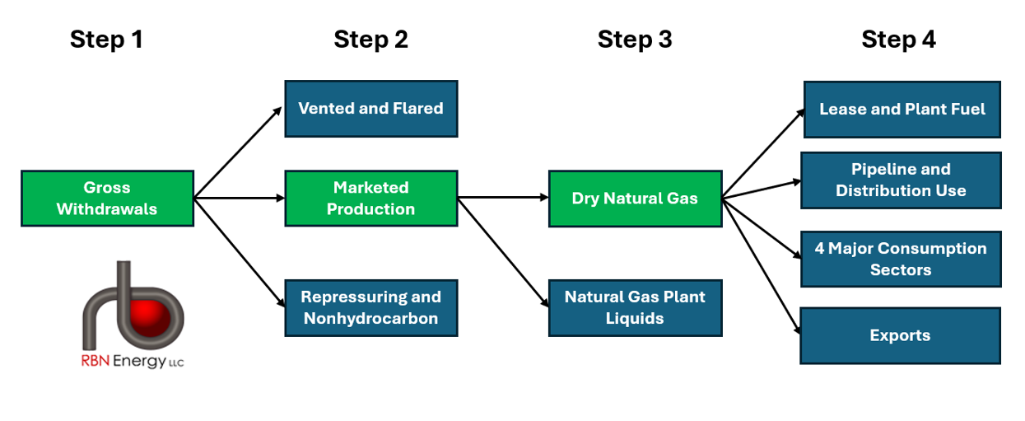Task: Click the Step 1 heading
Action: tap(107, 40)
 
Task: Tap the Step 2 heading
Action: tap(370, 40)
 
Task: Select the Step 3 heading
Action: tap(635, 40)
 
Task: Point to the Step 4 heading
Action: tap(899, 40)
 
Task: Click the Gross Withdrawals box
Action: tap(108, 199)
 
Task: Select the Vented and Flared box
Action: tap(371, 109)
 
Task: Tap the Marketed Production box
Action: tap(371, 199)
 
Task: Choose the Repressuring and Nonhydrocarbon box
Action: tap(371, 308)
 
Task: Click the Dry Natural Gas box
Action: tap(635, 199)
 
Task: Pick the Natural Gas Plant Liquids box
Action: tap(635, 308)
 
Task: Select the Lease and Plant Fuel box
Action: tap(902, 110)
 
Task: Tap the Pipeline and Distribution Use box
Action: tap(901, 180)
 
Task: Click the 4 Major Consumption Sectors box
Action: tap(901, 259)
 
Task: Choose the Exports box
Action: tap(900, 336)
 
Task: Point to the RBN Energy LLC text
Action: tap(133, 361)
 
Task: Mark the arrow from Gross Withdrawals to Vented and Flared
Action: tap(237, 152)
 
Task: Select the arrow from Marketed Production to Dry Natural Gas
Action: tap(503, 198)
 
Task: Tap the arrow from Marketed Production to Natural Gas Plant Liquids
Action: tap(503, 252)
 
